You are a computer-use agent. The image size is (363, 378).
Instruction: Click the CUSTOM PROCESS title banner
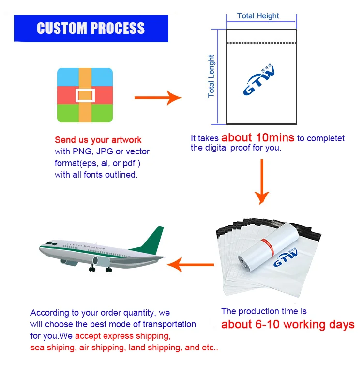(x=91, y=28)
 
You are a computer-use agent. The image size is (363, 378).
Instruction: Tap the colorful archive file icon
(x=85, y=95)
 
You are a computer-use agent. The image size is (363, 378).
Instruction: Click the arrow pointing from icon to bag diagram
(x=157, y=98)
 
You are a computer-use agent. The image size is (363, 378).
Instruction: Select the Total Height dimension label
(x=258, y=16)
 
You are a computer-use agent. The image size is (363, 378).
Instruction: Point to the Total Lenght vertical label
(x=211, y=76)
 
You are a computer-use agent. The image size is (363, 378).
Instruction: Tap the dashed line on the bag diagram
(x=262, y=43)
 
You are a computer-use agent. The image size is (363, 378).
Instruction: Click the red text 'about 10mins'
(x=257, y=137)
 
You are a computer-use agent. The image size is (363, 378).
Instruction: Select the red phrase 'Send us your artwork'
(x=98, y=140)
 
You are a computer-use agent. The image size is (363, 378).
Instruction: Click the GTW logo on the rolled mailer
(x=287, y=257)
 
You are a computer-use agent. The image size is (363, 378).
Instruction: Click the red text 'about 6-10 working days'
(x=287, y=324)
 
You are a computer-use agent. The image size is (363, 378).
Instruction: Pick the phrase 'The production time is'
(x=264, y=311)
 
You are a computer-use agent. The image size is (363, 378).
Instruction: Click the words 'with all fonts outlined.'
(x=96, y=175)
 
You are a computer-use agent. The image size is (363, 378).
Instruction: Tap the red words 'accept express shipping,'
(x=122, y=336)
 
